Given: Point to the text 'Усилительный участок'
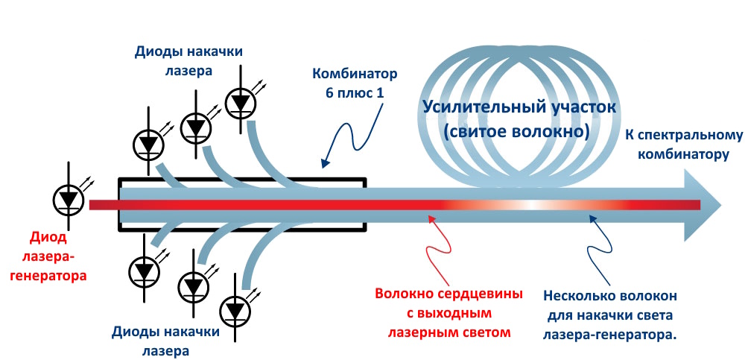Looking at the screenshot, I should (x=519, y=107).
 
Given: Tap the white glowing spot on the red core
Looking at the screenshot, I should (x=530, y=204).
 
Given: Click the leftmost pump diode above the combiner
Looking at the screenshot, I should (x=148, y=144).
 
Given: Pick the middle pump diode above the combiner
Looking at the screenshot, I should (x=196, y=127).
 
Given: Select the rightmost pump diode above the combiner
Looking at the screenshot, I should (x=241, y=101).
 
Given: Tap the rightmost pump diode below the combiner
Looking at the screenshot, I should (x=236, y=309).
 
